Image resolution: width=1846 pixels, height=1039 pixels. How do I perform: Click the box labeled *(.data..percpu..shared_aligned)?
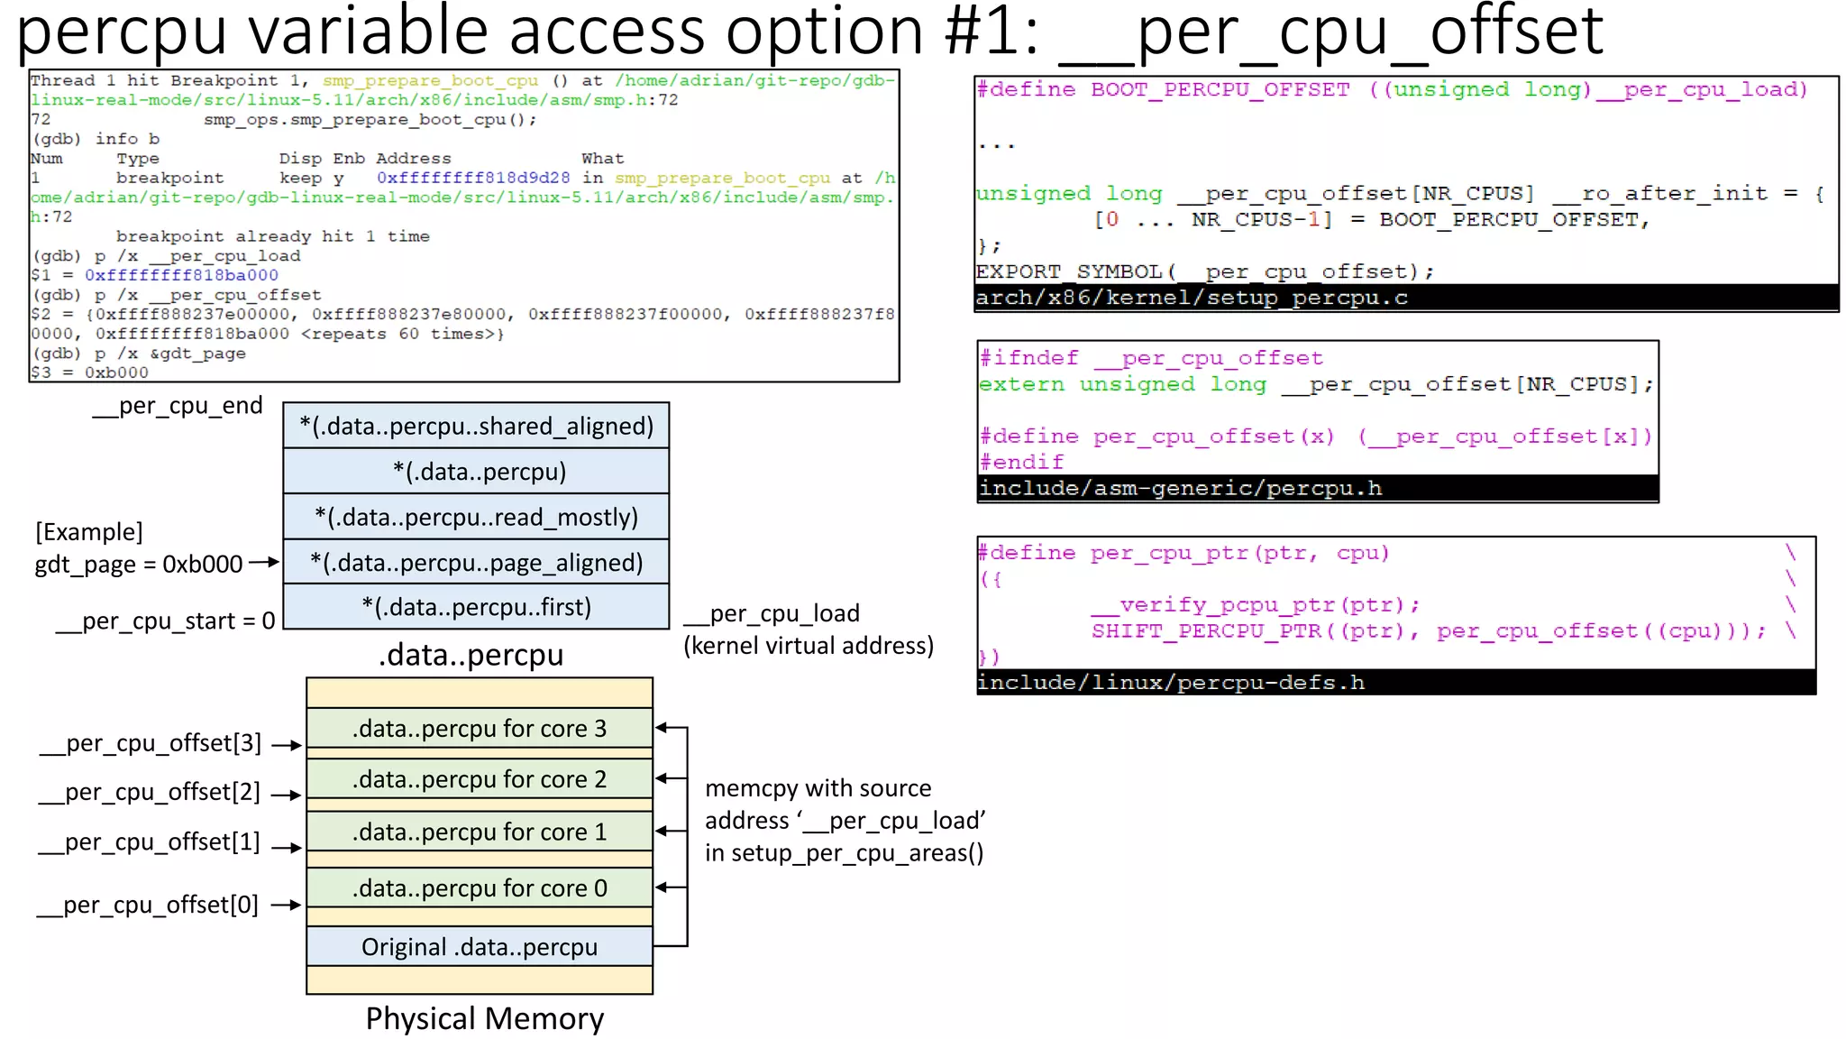click(476, 426)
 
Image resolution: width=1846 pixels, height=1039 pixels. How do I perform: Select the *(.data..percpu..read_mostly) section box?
click(476, 517)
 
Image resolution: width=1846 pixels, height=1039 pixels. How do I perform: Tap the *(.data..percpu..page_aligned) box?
click(476, 563)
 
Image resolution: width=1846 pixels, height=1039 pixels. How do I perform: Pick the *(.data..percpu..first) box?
click(476, 607)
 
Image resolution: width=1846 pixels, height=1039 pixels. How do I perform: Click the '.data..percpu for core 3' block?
click(479, 729)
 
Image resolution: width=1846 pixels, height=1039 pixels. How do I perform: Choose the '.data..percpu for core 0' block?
click(479, 888)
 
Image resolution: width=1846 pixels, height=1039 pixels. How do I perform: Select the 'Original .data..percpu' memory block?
click(479, 947)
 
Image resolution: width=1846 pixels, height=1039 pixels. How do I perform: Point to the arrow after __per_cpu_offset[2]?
click(287, 795)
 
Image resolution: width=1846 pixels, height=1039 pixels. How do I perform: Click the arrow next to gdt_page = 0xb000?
click(264, 562)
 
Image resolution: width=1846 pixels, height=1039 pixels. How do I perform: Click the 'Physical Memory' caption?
click(484, 1018)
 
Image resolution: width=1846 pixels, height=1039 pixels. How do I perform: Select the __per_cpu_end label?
click(178, 406)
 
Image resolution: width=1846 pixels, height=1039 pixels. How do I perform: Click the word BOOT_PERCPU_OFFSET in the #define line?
click(1220, 89)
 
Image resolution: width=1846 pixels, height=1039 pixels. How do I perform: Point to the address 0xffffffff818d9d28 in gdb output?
click(473, 178)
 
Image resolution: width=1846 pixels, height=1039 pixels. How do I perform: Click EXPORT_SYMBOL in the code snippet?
click(1069, 271)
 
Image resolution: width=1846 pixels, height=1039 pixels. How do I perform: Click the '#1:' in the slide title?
click(992, 32)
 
